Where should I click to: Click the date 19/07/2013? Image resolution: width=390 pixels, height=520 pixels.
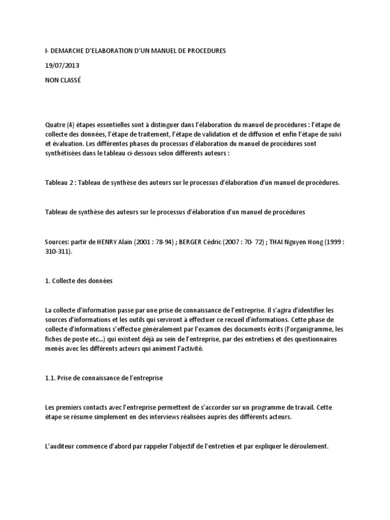tap(61, 66)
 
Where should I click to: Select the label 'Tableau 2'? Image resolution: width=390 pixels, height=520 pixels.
tap(59, 182)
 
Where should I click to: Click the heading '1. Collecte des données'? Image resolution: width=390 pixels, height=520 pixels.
tap(78, 281)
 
